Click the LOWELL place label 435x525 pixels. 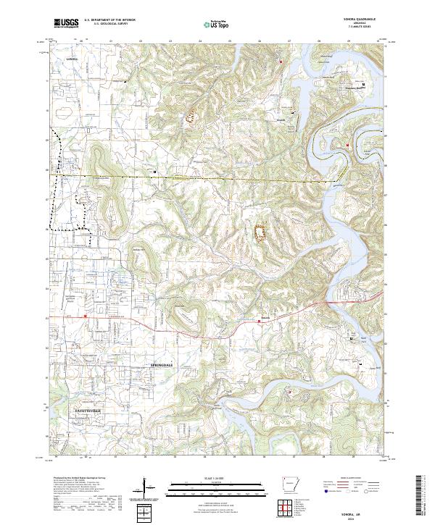tap(70, 58)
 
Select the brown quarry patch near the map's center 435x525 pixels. tap(260, 233)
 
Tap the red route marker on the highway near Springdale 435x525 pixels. tap(85, 316)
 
